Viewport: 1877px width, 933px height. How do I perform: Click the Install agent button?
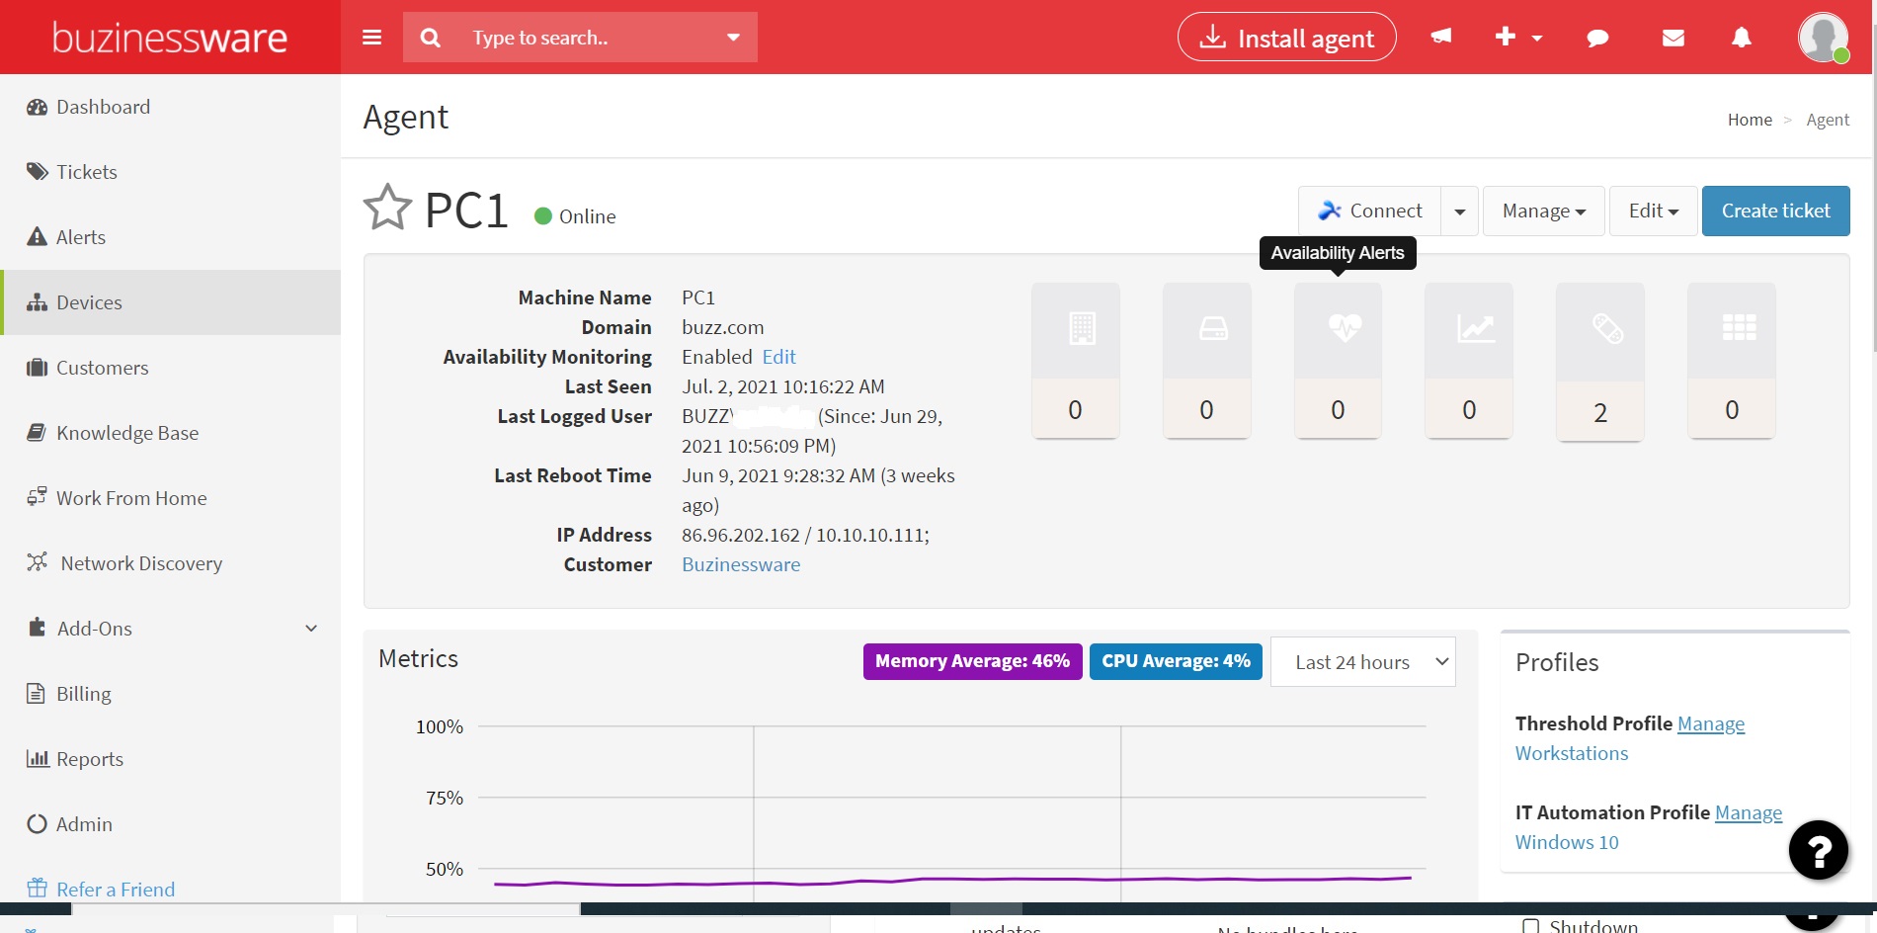(x=1286, y=38)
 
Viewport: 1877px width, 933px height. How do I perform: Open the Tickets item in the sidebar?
(x=86, y=172)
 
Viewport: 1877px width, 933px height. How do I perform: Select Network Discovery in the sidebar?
(x=140, y=563)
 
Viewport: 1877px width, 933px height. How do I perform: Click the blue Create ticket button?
(x=1775, y=211)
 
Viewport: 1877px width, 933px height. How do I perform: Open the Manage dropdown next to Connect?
(x=1543, y=211)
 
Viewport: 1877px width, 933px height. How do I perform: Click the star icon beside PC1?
(x=387, y=208)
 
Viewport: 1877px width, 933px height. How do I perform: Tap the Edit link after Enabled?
(x=778, y=357)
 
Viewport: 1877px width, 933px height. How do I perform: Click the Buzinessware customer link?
(x=741, y=564)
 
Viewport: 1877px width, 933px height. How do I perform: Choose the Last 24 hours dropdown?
(x=1362, y=662)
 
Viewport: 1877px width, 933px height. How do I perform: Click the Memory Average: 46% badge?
(x=972, y=661)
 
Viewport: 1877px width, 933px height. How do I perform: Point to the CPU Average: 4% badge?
(x=1176, y=661)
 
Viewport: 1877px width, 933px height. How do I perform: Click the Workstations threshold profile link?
(x=1571, y=753)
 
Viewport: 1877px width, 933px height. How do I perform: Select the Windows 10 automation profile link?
(x=1567, y=842)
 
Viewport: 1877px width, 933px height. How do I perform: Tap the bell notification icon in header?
(x=1742, y=38)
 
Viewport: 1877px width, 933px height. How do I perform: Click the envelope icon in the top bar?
(x=1673, y=38)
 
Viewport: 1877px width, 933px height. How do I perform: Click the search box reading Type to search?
(x=583, y=38)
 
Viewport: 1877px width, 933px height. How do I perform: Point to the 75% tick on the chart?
(x=445, y=798)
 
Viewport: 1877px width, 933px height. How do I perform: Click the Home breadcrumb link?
(x=1750, y=120)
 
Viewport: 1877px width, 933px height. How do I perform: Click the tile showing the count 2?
(x=1600, y=361)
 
